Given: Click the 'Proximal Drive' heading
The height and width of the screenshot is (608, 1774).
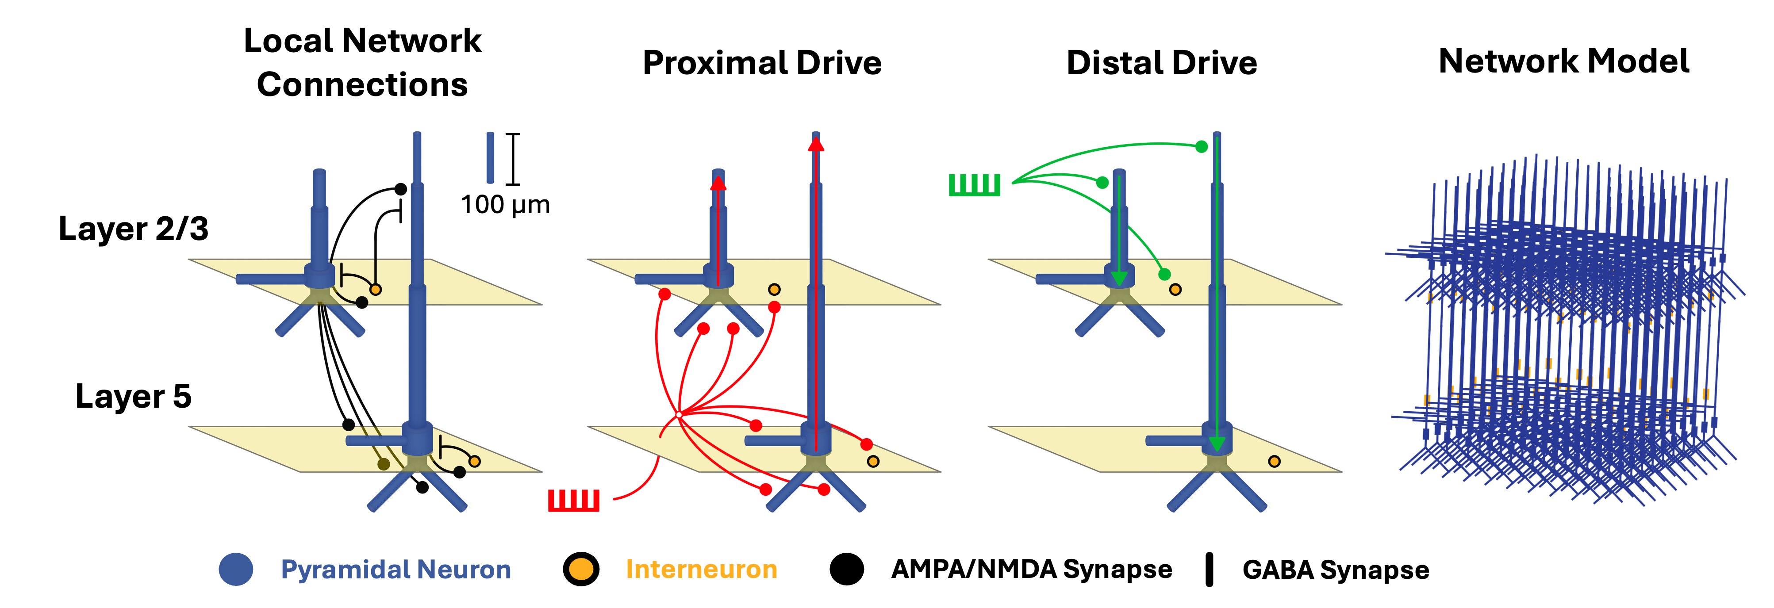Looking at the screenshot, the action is click(762, 63).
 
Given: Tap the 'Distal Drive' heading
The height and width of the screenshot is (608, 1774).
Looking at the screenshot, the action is click(1162, 63).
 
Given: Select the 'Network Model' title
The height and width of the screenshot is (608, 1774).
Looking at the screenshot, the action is click(1564, 61).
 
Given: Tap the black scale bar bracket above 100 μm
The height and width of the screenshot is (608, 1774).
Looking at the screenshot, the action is click(513, 159).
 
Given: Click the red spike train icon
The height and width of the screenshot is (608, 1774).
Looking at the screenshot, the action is click(574, 501).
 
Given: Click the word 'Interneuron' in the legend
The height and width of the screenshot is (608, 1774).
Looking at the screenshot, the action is click(702, 570).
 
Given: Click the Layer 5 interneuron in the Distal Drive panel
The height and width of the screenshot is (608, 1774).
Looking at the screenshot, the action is click(1274, 461).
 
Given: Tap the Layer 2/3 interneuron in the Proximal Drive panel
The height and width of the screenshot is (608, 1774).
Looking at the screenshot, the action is click(774, 289).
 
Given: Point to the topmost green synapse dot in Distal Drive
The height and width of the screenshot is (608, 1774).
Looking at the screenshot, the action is click(1202, 147).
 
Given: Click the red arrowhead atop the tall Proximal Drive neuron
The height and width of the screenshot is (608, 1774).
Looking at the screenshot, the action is click(816, 144).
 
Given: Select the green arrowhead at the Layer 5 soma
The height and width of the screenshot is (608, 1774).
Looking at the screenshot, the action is click(1217, 444).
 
